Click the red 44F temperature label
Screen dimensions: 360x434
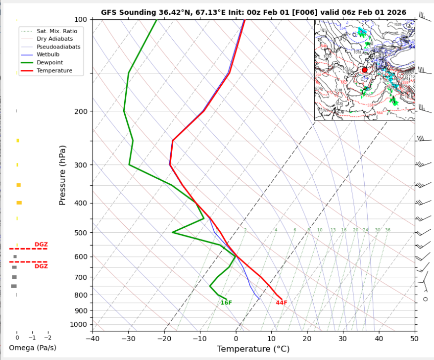pyautogui.click(x=282, y=303)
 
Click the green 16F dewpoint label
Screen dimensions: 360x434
pyautogui.click(x=226, y=303)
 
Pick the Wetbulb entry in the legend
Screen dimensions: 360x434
pyautogui.click(x=48, y=54)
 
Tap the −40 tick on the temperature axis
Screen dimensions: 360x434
pyautogui.click(x=92, y=339)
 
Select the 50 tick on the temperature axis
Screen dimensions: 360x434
pyautogui.click(x=414, y=339)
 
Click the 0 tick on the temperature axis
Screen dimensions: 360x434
pyautogui.click(x=236, y=339)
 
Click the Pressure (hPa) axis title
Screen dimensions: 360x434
pyautogui.click(x=62, y=175)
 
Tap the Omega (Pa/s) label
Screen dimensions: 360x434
pyautogui.click(x=33, y=348)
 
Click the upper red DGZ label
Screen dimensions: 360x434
pyautogui.click(x=41, y=245)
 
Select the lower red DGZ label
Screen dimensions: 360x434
pyautogui.click(x=41, y=266)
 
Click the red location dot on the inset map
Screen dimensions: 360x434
pyautogui.click(x=365, y=70)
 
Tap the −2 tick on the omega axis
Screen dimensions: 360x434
pyautogui.click(x=48, y=337)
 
